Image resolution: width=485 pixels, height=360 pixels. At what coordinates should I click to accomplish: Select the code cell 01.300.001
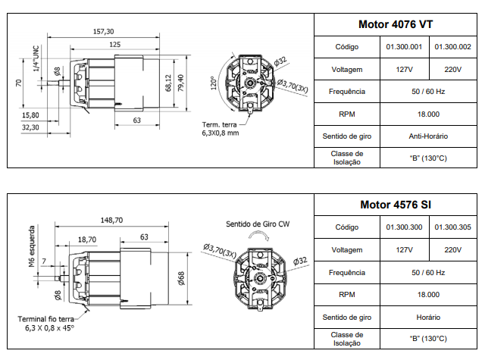[404, 47]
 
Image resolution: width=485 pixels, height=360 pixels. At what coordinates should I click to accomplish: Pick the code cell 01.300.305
[454, 227]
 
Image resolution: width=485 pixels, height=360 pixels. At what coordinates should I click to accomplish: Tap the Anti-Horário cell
[428, 136]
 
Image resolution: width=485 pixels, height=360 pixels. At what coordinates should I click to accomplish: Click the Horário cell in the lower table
[428, 317]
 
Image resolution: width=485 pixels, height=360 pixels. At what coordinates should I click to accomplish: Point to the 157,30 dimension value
[104, 31]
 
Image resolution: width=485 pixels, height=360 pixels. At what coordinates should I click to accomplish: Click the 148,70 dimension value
[111, 220]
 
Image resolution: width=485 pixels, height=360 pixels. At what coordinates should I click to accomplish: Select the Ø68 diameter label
[181, 279]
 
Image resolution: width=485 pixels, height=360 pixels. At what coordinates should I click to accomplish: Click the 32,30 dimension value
[30, 127]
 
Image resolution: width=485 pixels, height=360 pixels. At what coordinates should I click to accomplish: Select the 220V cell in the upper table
[453, 69]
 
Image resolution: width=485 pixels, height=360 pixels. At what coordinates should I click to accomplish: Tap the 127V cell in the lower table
[404, 249]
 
